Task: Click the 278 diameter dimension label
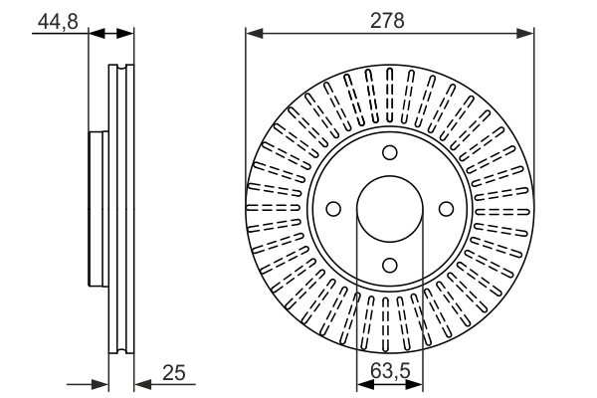(390, 17)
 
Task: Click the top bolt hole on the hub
(390, 152)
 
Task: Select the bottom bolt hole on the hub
(390, 265)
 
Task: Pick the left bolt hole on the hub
(333, 209)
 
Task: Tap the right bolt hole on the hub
(446, 209)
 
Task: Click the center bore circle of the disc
(390, 209)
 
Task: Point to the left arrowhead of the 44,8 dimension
(97, 33)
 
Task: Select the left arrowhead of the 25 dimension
(100, 383)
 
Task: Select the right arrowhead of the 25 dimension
(139, 383)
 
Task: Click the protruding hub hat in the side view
(98, 209)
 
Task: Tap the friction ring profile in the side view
(120, 209)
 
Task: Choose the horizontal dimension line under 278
(390, 33)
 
